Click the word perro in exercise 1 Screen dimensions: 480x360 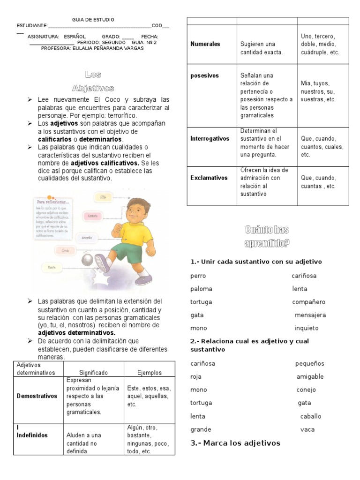(x=198, y=276)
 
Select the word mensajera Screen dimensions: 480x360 (x=310, y=315)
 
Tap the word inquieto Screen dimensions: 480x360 (x=306, y=328)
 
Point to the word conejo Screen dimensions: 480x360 (x=306, y=390)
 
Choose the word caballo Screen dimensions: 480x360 (x=311, y=416)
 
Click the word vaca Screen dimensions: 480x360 (x=307, y=429)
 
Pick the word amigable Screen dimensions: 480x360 (x=310, y=376)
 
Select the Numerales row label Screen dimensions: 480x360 (x=205, y=44)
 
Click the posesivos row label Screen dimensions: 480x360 (x=205, y=75)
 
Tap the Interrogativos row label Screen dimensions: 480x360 (x=210, y=139)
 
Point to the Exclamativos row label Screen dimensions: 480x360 (x=209, y=178)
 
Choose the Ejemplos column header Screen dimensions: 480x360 (x=149, y=373)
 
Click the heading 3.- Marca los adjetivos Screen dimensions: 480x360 (x=235, y=443)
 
